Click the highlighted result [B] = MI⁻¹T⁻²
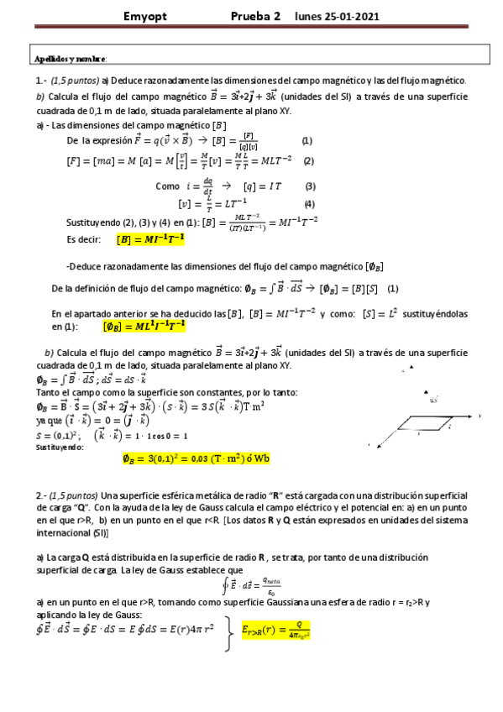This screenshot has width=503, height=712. coord(150,239)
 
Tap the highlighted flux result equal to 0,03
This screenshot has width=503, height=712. coord(195,458)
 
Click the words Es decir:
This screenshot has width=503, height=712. coord(86,239)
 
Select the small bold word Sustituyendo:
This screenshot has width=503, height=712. coord(60,448)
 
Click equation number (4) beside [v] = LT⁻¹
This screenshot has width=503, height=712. coord(309,204)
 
